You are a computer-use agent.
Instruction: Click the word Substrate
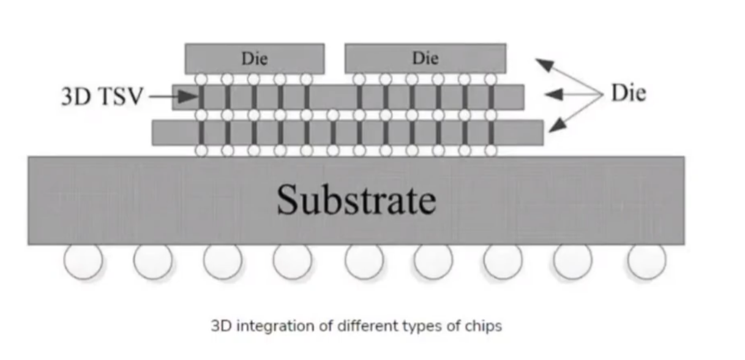click(356, 200)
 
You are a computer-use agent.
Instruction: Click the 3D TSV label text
click(102, 96)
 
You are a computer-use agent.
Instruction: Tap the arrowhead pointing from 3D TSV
click(189, 97)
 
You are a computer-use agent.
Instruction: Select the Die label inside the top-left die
click(255, 59)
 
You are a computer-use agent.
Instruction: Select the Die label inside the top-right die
click(425, 58)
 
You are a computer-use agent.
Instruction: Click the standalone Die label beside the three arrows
click(629, 92)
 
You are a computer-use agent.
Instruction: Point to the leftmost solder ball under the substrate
click(83, 261)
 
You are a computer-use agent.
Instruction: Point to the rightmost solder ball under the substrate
click(647, 261)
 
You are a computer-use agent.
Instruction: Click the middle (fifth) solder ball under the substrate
click(364, 261)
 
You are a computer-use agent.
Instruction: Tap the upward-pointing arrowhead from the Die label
click(544, 64)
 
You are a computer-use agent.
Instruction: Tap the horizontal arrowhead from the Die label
click(554, 95)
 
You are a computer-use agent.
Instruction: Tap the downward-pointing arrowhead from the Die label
click(558, 126)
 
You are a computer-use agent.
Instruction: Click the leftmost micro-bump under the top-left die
click(201, 80)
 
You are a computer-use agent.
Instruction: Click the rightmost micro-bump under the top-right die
click(491, 80)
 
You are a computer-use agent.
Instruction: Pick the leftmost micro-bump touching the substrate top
click(201, 151)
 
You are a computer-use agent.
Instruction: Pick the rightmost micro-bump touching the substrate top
click(491, 151)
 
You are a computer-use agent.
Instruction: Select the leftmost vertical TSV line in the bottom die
click(201, 133)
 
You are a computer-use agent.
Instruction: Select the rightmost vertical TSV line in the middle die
click(491, 97)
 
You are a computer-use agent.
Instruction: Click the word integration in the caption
click(275, 326)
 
